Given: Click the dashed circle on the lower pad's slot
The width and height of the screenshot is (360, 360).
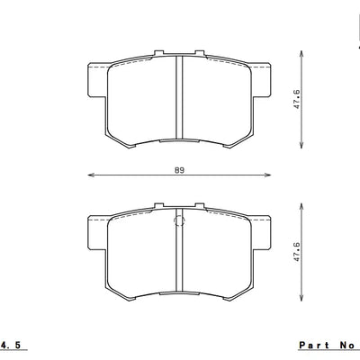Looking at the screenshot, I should [180, 221].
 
